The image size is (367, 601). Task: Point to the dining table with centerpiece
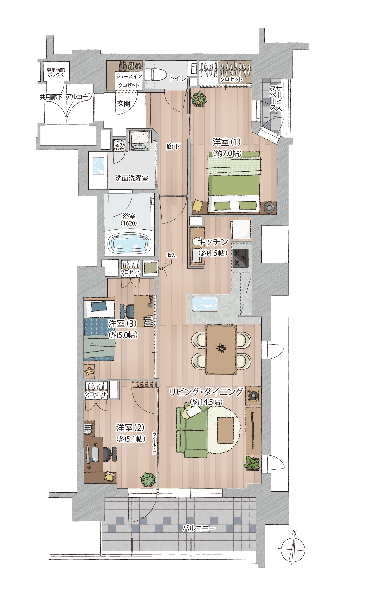tap(221, 349)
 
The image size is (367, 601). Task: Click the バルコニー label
tap(199, 528)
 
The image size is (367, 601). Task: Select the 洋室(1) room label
tap(227, 141)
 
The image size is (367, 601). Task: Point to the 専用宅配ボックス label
tap(56, 72)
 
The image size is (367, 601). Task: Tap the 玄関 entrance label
tap(124, 103)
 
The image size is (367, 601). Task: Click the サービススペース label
tap(276, 98)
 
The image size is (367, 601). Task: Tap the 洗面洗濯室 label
tap(132, 178)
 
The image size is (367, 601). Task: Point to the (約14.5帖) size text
tap(206, 402)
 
